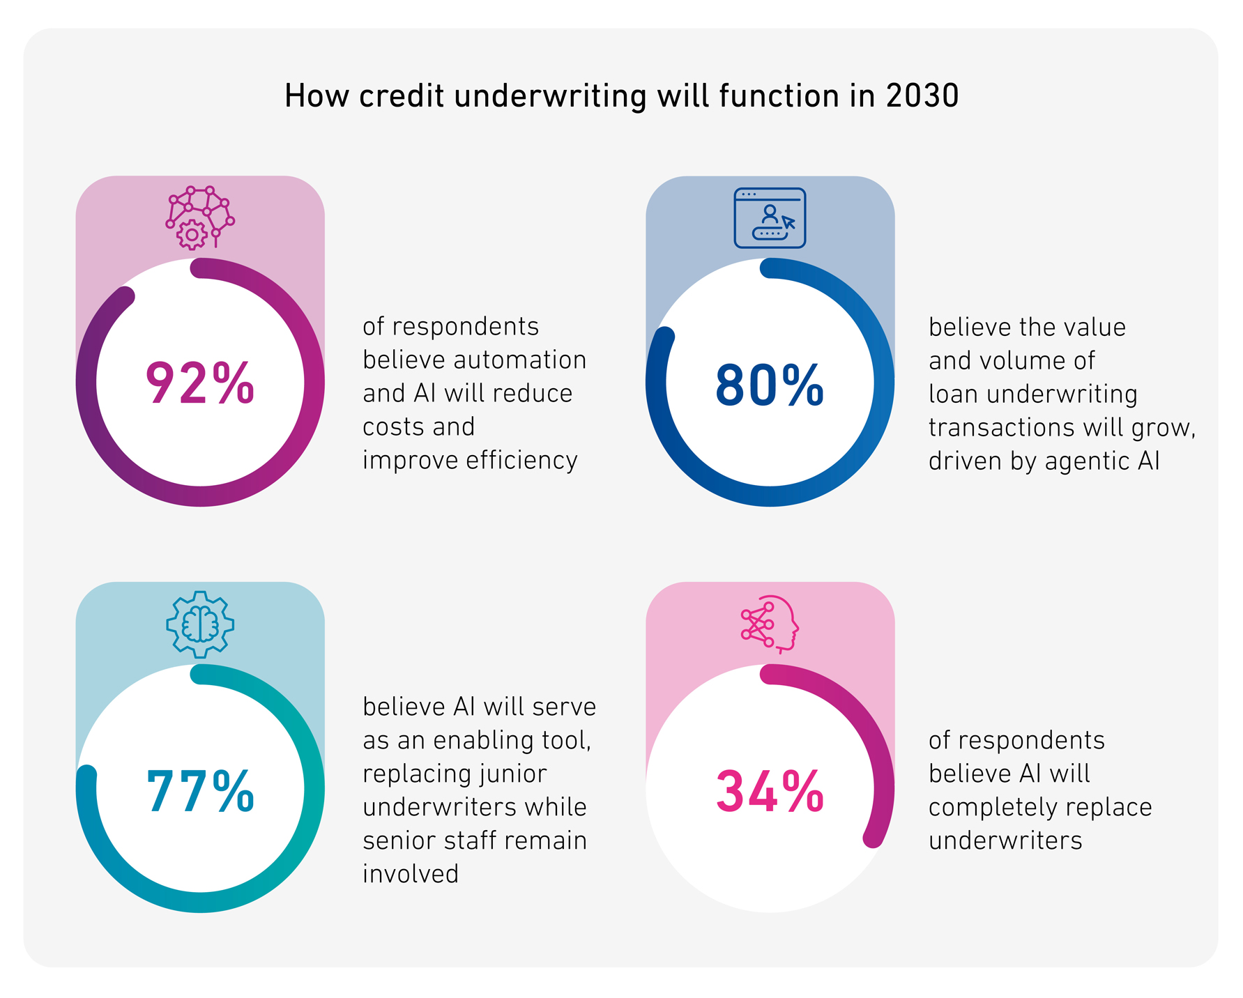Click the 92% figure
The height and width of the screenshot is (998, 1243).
click(x=200, y=383)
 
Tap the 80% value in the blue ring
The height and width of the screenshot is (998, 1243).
click(x=770, y=385)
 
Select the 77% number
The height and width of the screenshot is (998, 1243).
click(x=200, y=792)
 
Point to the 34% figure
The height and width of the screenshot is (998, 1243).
click(x=770, y=792)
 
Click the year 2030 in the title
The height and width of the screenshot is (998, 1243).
click(x=922, y=95)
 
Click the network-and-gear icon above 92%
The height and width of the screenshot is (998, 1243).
click(x=200, y=217)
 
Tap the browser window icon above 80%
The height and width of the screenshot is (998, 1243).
click(x=770, y=217)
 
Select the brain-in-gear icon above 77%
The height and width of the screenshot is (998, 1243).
click(x=200, y=624)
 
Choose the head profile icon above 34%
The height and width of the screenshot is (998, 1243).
click(x=770, y=624)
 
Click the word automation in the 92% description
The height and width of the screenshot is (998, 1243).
click(x=519, y=360)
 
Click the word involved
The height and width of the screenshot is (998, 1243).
click(x=411, y=874)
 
